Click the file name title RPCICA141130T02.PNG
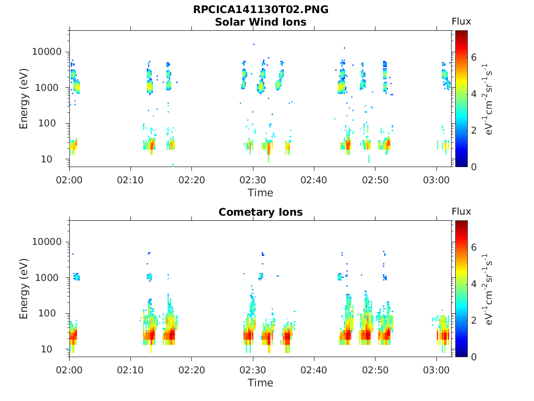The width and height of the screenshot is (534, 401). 261,9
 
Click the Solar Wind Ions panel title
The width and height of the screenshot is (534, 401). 261,22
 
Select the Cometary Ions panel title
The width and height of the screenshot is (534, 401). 261,212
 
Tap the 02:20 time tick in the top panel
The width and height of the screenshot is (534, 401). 192,180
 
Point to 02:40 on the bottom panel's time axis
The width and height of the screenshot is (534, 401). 313,370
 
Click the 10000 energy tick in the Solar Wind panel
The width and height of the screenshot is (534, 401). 46,52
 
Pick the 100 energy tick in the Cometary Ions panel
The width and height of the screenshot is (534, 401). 46,313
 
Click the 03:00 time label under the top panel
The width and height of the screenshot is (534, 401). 436,180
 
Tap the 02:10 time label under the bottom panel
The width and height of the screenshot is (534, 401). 130,370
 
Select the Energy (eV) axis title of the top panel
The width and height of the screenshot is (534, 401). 23,99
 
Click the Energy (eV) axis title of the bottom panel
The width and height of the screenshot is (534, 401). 23,288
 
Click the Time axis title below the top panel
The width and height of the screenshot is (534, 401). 261,193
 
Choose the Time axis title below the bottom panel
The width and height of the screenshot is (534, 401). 261,383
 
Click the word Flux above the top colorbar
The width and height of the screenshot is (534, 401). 461,21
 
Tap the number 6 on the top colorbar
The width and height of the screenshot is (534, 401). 474,57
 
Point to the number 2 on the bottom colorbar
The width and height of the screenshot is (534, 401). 474,320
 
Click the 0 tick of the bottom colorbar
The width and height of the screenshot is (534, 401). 474,357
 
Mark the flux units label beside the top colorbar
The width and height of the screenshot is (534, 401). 488,99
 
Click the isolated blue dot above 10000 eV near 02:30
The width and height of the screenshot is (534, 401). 254,44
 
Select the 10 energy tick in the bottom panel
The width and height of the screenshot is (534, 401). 46,349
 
